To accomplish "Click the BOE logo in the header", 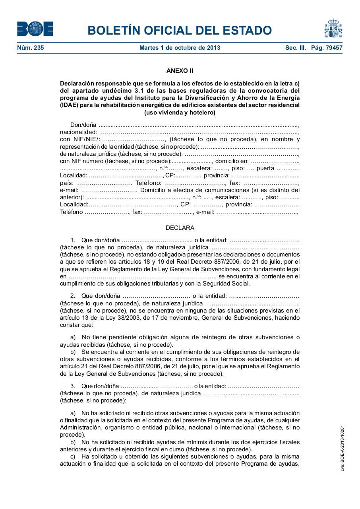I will click(x=35, y=29).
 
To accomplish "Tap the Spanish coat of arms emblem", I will click(x=333, y=28).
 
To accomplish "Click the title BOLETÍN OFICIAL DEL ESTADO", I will click(x=180, y=30).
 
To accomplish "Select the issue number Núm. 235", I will click(x=31, y=48).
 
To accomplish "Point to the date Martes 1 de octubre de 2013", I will click(x=180, y=48).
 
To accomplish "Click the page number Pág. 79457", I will click(x=327, y=48).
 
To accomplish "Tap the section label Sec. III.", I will click(x=295, y=48).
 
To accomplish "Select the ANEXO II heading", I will click(x=180, y=71).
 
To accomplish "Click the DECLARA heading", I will click(x=180, y=228).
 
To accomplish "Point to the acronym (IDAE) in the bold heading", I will click(x=70, y=105).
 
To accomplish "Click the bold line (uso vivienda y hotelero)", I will click(x=180, y=113).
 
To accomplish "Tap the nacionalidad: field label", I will click(x=78, y=132).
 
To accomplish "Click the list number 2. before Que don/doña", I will click(x=73, y=296).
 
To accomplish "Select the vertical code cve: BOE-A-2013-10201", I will click(x=343, y=448).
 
